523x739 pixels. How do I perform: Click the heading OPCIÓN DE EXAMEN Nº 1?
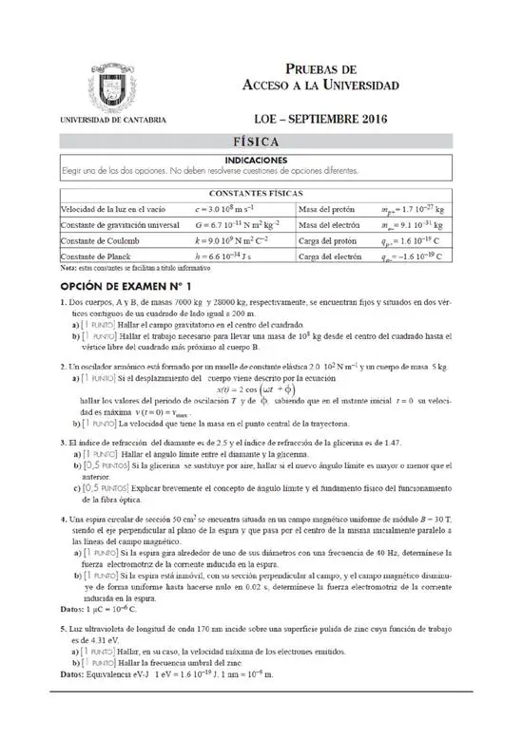[126, 285]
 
